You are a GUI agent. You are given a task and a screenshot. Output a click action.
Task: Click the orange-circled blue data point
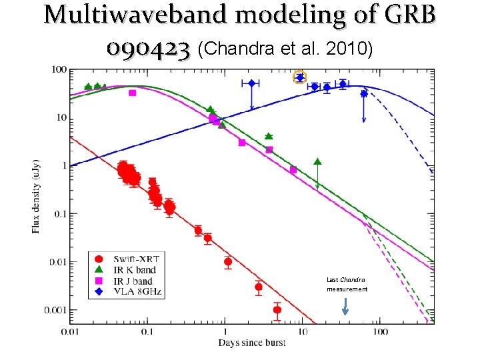click(300, 77)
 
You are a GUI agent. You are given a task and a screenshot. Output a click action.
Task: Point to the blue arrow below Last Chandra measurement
click(345, 306)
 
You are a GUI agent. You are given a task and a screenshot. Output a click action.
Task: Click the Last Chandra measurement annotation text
click(347, 285)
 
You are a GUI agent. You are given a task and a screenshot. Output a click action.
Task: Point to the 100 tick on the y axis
click(58, 69)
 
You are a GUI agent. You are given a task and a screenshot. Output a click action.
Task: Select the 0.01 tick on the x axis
click(71, 331)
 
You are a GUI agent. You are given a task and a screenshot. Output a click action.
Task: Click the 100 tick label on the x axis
click(380, 331)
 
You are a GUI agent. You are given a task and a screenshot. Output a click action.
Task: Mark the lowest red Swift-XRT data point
click(277, 309)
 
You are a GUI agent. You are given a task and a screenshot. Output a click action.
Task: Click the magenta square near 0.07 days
click(132, 93)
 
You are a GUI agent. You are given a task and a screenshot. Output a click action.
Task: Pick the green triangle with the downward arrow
click(317, 161)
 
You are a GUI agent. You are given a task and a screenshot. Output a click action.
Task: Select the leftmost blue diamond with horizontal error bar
click(251, 83)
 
